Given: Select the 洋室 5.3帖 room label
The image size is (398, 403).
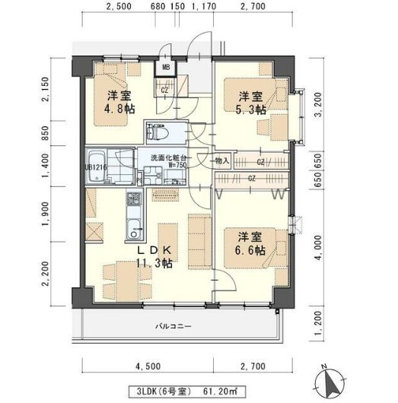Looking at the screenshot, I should [250, 103].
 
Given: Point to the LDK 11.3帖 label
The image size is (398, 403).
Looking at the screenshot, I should [154, 256].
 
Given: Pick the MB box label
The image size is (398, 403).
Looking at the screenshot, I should [164, 75].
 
